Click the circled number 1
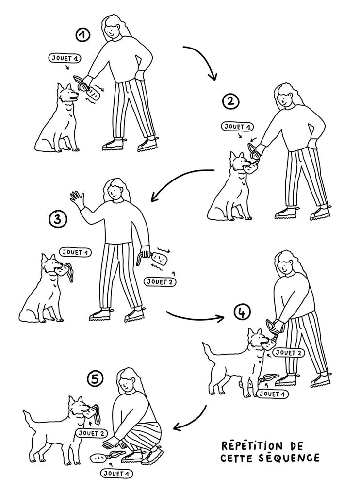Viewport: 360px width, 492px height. (83, 35)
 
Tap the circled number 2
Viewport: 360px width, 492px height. (230, 101)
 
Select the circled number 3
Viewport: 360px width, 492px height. (58, 219)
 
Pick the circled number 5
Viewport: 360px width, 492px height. (95, 379)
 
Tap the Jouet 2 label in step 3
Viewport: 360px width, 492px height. (160, 282)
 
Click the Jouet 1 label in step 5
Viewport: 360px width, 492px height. (116, 474)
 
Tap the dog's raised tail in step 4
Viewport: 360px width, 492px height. (209, 353)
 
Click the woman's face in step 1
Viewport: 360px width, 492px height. (112, 32)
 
